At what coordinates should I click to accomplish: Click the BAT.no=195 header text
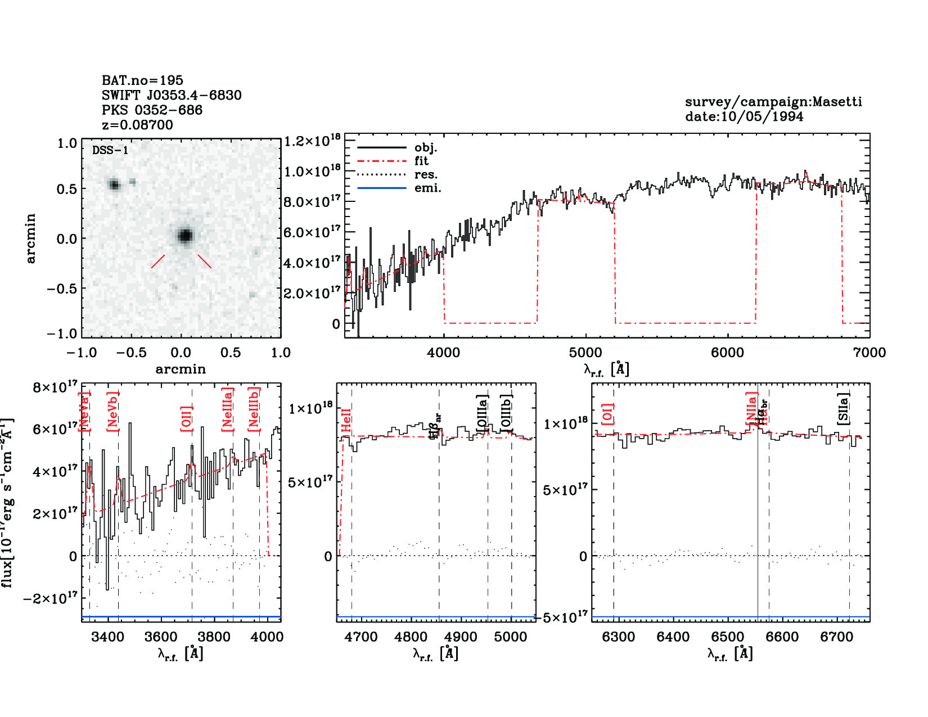tap(142, 80)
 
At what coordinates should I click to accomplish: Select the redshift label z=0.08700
tap(137, 125)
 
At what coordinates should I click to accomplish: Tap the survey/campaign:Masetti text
tap(773, 102)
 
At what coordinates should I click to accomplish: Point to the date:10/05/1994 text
tap(744, 117)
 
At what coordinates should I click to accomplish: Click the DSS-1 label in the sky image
tap(110, 150)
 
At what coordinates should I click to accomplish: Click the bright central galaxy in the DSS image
tap(185, 236)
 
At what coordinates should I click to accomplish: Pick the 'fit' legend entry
tap(421, 161)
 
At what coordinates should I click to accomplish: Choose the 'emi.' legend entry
tap(427, 188)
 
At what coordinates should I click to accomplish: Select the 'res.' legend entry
tap(426, 174)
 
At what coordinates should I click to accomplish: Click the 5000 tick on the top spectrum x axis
tap(585, 353)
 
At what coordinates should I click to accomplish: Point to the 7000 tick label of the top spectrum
tap(870, 353)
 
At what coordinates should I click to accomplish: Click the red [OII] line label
tap(186, 418)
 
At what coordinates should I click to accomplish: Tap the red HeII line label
tap(346, 421)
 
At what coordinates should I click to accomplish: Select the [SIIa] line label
tap(844, 408)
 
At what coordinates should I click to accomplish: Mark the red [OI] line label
tap(607, 414)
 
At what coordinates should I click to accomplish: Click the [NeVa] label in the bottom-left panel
tap(84, 412)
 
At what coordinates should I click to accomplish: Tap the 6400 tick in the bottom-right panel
tap(673, 637)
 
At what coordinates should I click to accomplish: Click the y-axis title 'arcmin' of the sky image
tap(30, 238)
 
